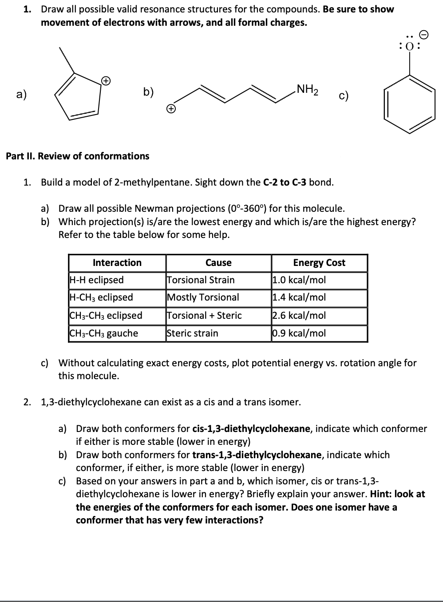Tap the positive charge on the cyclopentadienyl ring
pyautogui.click(x=105, y=80)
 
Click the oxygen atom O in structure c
pyautogui.click(x=409, y=45)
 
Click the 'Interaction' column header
pyautogui.click(x=117, y=263)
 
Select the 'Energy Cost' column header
pyautogui.click(x=319, y=263)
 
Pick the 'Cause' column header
pyautogui.click(x=218, y=263)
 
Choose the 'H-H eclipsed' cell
pyautogui.click(x=97, y=280)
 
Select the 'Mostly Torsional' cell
pyautogui.click(x=203, y=297)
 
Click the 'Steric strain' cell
pyautogui.click(x=193, y=333)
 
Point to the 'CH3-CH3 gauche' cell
pyautogui.click(x=104, y=333)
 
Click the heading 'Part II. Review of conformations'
pyautogui.click(x=77, y=156)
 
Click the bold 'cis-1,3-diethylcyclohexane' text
pyautogui.click(x=251, y=429)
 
